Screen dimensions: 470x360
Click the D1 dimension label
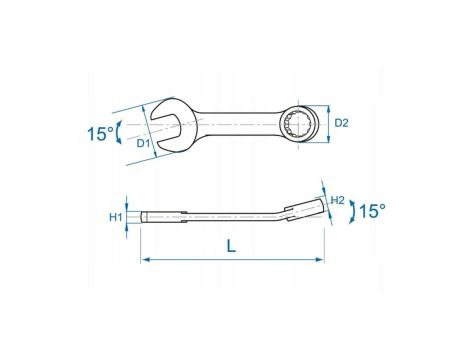[x=142, y=143]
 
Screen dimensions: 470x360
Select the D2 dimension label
[x=341, y=123]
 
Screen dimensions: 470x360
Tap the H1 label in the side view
[x=116, y=217]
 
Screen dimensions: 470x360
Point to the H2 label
[x=337, y=200]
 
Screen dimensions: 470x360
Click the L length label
[x=231, y=246]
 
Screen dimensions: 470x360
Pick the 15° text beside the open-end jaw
[x=100, y=134]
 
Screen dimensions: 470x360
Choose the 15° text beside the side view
[x=372, y=211]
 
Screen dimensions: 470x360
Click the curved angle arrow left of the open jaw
[x=118, y=133]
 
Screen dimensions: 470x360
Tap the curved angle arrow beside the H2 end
[x=352, y=212]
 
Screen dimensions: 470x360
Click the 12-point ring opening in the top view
[x=296, y=124]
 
